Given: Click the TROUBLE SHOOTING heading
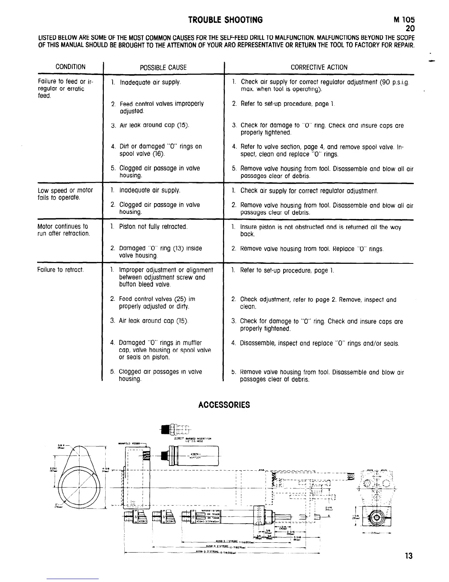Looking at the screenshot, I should [x=225, y=20].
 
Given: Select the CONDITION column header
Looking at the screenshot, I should [x=70, y=67].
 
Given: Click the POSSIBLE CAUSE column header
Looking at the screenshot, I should [x=163, y=67].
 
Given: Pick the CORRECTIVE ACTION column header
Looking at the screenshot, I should [x=319, y=67].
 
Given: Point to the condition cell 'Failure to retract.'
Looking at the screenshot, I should [x=61, y=270].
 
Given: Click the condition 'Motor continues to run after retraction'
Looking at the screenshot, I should [x=63, y=230].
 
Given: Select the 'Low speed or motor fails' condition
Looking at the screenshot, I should [x=65, y=194].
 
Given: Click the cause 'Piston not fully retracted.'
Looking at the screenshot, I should [x=153, y=227].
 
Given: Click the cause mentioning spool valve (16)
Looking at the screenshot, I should [x=160, y=150].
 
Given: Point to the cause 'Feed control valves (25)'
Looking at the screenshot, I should [x=157, y=303].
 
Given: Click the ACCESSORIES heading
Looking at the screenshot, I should [x=224, y=405].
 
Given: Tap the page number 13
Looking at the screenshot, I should [x=409, y=556].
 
